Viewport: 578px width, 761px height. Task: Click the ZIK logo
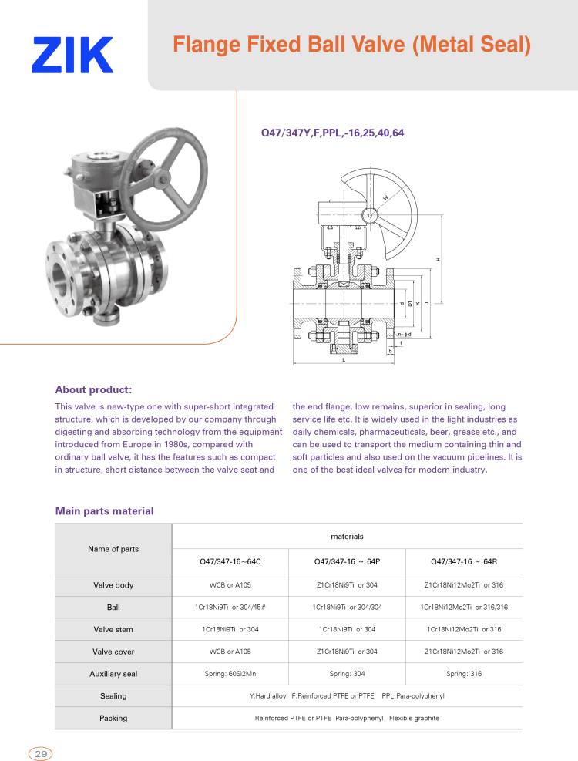(72, 55)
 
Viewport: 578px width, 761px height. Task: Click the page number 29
(41, 753)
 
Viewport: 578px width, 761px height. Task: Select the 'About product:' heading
(93, 389)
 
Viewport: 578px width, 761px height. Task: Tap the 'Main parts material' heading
(104, 510)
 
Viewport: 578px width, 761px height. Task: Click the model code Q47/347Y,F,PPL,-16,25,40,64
(333, 133)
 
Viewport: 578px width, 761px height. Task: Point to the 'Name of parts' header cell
(113, 549)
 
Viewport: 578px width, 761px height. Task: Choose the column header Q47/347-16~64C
(230, 561)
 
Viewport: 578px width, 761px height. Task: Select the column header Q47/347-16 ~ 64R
(463, 561)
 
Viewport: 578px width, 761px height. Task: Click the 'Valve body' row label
(113, 585)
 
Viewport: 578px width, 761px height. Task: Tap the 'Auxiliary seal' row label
(113, 674)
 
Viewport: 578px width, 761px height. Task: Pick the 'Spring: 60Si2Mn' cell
(230, 674)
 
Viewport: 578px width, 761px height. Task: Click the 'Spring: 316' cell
(463, 674)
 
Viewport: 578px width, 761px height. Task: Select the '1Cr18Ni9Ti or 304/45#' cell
(230, 608)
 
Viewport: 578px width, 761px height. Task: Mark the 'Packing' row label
(113, 718)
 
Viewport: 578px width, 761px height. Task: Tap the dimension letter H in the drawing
(437, 259)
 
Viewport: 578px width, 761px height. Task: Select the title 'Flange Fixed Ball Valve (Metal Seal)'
(352, 45)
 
